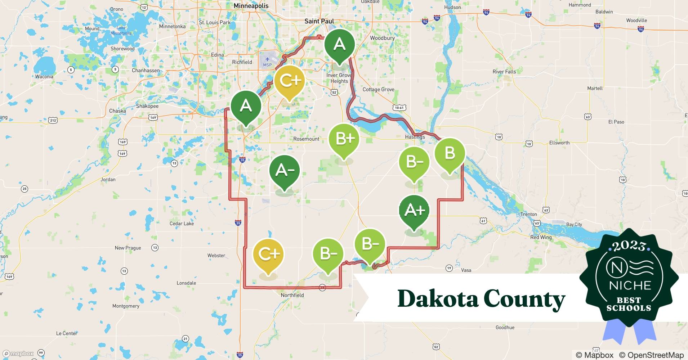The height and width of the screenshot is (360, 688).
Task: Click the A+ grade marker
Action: coord(414,211)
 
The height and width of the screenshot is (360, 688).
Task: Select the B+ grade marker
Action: coord(344,139)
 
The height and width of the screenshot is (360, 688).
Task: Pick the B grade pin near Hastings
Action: coord(450,153)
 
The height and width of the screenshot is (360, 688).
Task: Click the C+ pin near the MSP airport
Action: coord(289,81)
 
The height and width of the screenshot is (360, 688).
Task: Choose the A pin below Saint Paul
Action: coord(339,45)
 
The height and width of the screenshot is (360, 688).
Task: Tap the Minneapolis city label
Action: coord(251,6)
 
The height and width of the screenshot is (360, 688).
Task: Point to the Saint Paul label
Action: coord(319,21)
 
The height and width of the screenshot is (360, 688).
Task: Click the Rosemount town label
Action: coord(306,139)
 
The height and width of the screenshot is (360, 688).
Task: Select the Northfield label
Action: coord(292,295)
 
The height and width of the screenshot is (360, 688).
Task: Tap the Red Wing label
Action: coord(541,237)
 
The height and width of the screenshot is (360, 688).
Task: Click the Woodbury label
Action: coord(382,38)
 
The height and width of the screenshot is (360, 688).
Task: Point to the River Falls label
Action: coord(504,72)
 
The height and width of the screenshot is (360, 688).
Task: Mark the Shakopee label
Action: coord(147,106)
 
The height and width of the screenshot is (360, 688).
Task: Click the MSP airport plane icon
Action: coord(267,59)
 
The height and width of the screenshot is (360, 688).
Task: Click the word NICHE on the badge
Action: coord(630,285)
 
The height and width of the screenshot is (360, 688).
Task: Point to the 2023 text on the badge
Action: coord(629,246)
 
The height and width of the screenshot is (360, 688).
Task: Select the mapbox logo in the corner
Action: coord(18,354)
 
